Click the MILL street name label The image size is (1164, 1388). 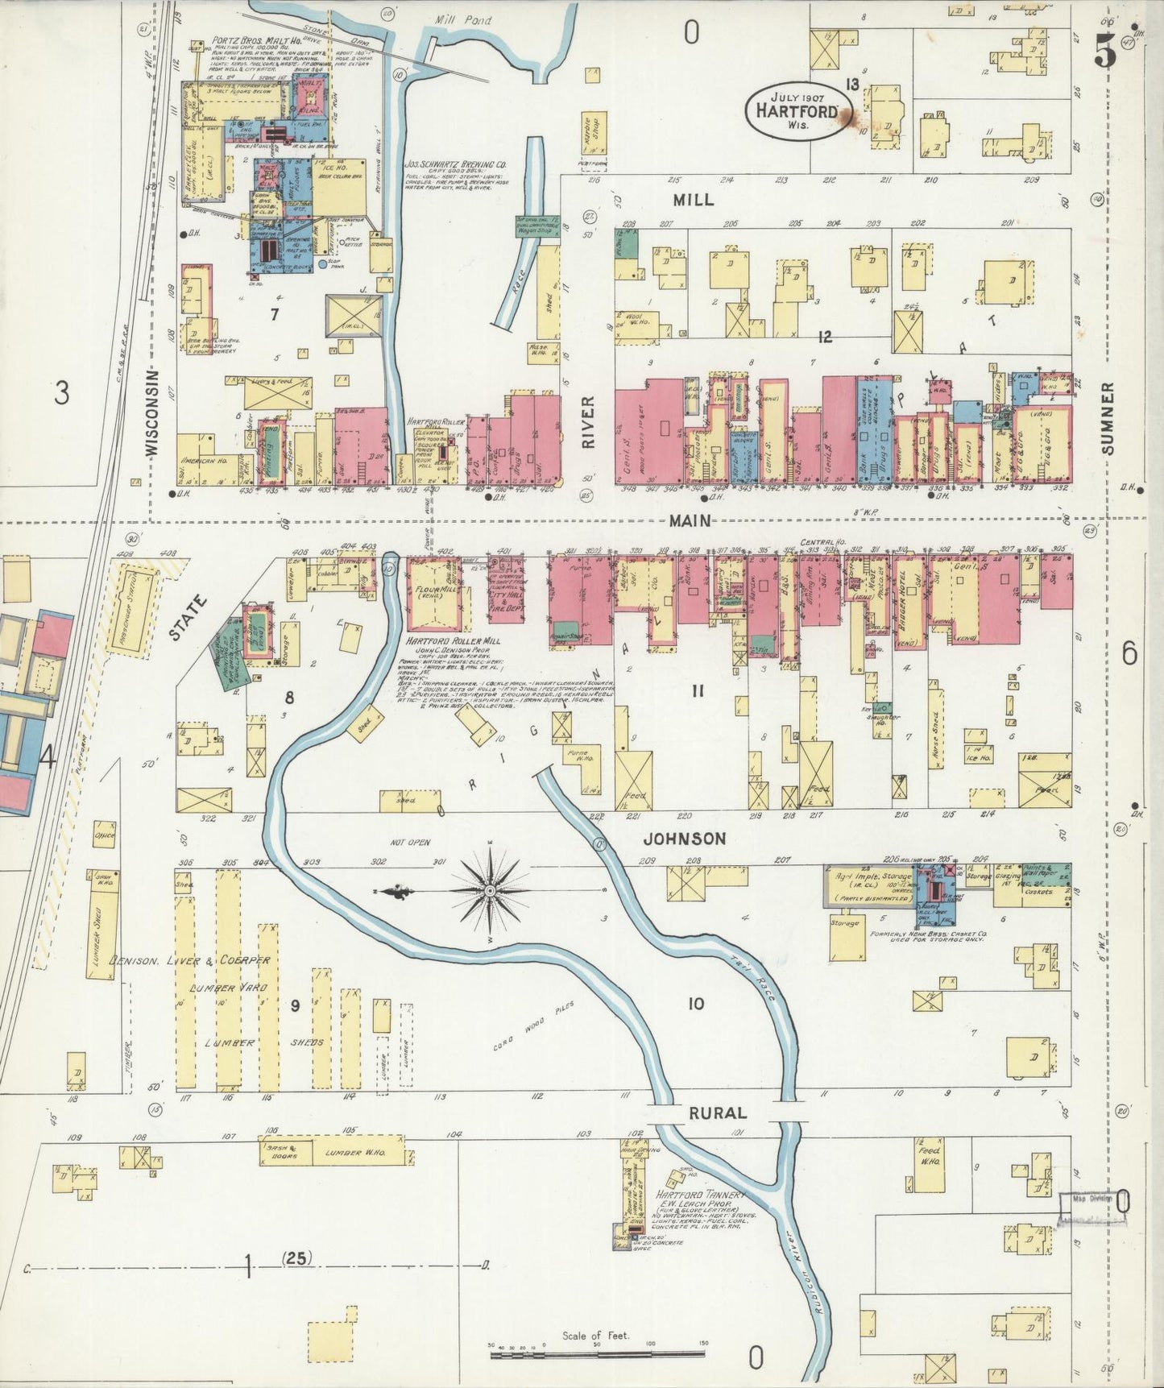(x=693, y=199)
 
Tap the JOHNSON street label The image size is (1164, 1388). (x=684, y=839)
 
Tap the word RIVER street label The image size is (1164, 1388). (x=588, y=422)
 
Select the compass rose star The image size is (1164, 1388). (x=489, y=891)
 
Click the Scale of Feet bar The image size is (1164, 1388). (x=597, y=1356)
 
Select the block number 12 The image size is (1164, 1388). (x=824, y=337)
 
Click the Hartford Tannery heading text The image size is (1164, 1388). (x=701, y=1195)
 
